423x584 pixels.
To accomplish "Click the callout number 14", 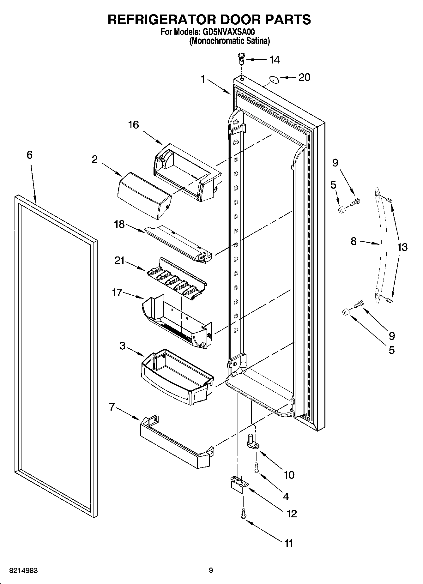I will tap(274, 60).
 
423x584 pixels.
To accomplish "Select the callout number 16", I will tap(133, 125).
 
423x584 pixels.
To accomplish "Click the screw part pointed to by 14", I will tap(241, 58).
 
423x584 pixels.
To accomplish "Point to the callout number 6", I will tap(29, 155).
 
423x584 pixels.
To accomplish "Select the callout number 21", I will tap(120, 261).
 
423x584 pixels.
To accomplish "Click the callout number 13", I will tap(402, 247).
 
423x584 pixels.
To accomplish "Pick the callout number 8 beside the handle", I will tap(354, 241).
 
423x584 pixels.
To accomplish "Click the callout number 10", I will tap(289, 475).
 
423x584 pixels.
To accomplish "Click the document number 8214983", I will tap(24, 570).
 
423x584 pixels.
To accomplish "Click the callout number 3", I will tap(123, 346).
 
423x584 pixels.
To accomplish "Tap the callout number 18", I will tap(120, 225).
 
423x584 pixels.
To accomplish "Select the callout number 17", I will tap(117, 293).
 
